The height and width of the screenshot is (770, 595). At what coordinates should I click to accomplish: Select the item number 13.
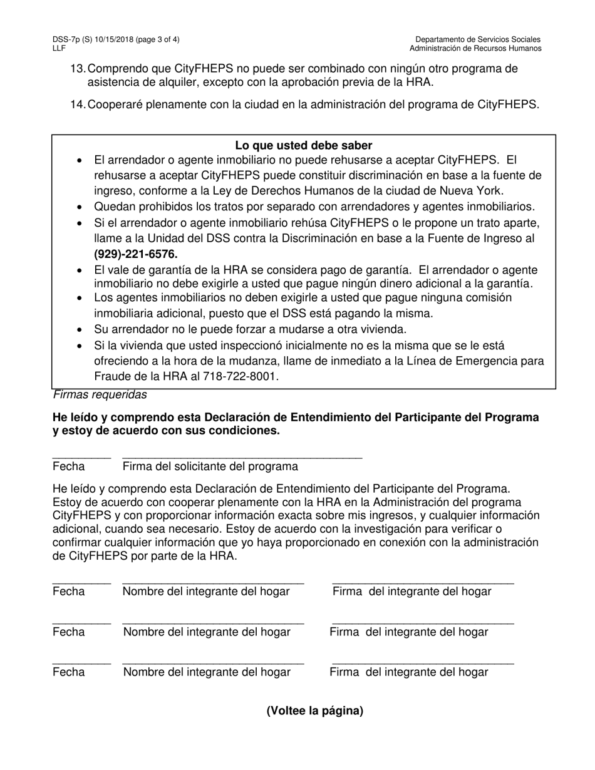point(78,69)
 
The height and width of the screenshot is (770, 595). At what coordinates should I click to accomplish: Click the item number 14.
point(78,105)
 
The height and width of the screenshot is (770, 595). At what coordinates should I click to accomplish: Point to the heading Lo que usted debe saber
point(304,145)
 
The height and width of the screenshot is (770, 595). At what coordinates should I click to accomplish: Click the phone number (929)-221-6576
point(136,254)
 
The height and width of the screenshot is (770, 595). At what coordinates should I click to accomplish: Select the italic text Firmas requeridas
point(100,395)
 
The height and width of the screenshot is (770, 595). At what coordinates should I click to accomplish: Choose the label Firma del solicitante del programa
point(210,467)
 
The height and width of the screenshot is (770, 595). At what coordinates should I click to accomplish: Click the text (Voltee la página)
point(314,711)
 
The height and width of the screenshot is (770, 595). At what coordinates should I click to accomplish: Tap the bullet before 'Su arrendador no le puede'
point(80,329)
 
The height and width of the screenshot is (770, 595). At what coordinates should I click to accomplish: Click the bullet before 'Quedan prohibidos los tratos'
point(80,207)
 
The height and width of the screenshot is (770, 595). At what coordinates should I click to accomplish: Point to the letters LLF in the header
point(59,48)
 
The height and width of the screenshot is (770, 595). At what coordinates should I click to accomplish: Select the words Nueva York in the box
point(473,191)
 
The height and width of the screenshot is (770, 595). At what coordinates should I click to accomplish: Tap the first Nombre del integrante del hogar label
point(206,592)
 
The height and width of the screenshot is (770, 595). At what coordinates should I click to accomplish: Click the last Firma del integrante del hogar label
point(409,672)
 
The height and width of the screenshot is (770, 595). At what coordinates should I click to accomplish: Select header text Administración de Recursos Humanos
point(476,48)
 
